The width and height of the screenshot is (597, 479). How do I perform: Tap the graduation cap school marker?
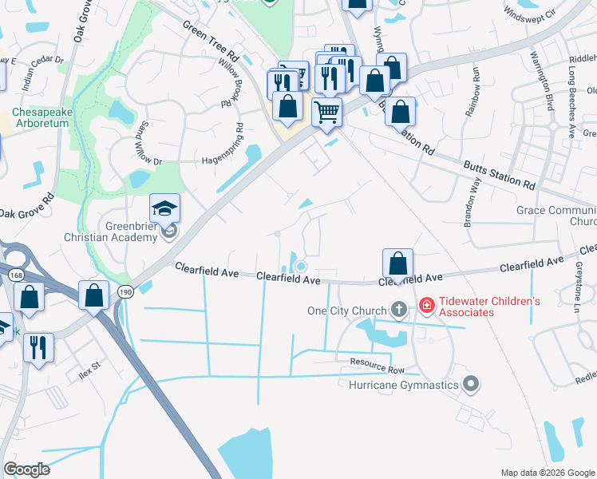pos(165,209)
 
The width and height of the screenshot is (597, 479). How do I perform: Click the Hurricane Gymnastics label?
pos(404,385)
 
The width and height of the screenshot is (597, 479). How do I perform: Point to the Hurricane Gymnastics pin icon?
pos(471,385)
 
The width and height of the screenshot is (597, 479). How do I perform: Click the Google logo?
pos(26,469)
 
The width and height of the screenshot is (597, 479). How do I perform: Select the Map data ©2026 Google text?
pos(547,473)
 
